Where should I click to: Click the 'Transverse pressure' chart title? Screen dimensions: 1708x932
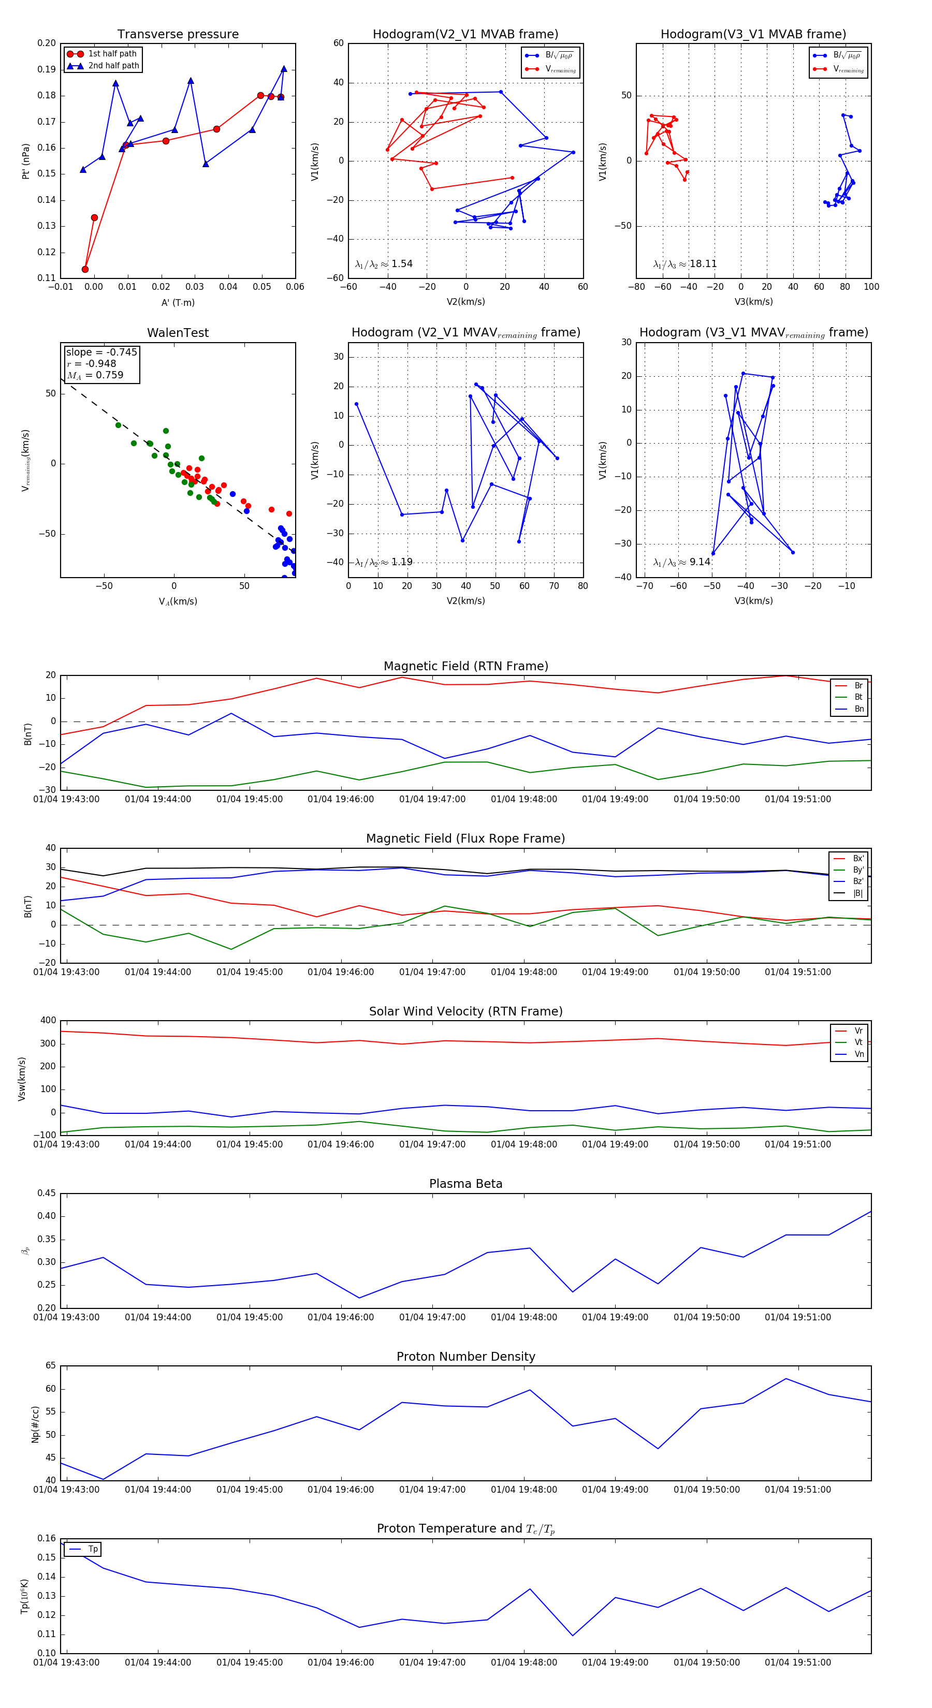(178, 35)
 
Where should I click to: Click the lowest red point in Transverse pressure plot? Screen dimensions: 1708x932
(85, 269)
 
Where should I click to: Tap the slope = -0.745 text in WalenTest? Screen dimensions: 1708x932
(101, 352)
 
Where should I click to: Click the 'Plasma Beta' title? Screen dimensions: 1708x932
(465, 1184)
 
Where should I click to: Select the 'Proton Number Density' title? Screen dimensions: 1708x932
(465, 1357)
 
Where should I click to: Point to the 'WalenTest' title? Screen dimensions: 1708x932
(178, 333)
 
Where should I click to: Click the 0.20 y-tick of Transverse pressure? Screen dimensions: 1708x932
(47, 43)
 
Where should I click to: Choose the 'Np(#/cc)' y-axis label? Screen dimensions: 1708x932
(35, 1424)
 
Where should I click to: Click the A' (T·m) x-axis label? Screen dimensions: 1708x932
(178, 302)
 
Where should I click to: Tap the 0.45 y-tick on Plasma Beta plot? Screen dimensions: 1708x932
(47, 1194)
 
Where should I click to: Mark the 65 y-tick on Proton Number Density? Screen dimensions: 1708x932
(50, 1366)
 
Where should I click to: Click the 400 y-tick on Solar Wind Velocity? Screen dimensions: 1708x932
(48, 1021)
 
